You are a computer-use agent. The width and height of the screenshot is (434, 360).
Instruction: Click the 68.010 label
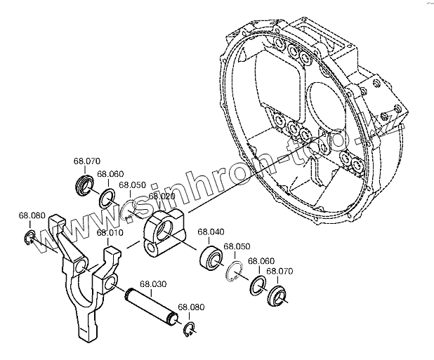[x=110, y=232]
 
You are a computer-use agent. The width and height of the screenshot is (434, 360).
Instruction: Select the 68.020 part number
[x=162, y=197]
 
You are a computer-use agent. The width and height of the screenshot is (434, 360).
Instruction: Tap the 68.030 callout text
[x=153, y=284]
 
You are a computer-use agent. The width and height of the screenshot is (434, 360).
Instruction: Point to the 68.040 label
[x=210, y=232]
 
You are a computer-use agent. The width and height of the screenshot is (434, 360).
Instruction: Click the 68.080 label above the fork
[x=32, y=215]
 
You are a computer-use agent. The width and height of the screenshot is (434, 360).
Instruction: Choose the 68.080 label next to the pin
[x=191, y=307]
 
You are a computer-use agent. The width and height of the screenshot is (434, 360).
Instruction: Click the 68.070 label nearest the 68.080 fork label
[x=88, y=161]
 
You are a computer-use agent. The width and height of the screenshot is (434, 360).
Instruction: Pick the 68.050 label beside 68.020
[x=132, y=185]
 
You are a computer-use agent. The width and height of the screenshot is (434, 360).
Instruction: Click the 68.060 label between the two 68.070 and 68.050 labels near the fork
[x=110, y=174]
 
